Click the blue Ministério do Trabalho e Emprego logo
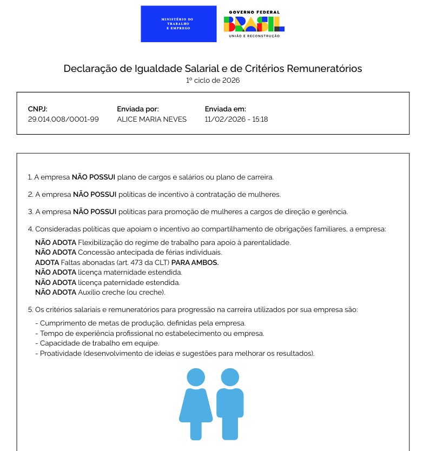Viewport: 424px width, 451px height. [x=178, y=24]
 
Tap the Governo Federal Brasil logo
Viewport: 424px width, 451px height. [x=254, y=24]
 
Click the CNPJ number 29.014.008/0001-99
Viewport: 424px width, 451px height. [x=63, y=119]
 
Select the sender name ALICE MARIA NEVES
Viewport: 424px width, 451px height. [x=151, y=119]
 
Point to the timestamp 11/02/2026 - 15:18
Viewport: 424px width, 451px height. [x=236, y=119]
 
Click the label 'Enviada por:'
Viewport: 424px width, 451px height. [x=137, y=109]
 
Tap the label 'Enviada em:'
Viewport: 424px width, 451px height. [x=225, y=109]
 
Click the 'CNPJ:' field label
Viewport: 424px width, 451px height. [x=38, y=109]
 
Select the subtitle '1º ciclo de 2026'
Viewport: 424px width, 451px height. [x=213, y=81]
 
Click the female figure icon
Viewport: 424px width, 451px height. [x=196, y=403]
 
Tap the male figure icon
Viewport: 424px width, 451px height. [x=230, y=403]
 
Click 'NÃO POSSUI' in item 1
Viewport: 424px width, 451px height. [x=93, y=177]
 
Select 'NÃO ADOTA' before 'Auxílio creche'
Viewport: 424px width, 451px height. [x=56, y=292]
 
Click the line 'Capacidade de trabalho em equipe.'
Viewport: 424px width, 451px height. [x=100, y=343]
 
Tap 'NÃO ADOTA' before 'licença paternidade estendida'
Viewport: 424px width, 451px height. [x=56, y=282]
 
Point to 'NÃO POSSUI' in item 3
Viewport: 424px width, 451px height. [x=94, y=211]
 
